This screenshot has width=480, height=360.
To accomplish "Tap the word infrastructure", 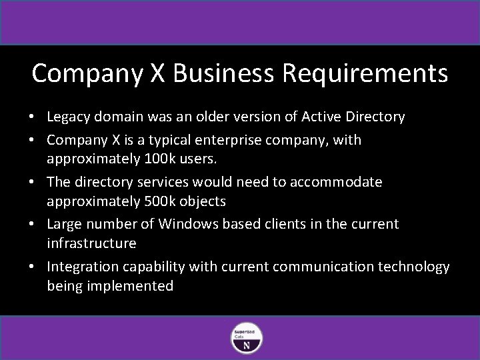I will click(91, 244).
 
